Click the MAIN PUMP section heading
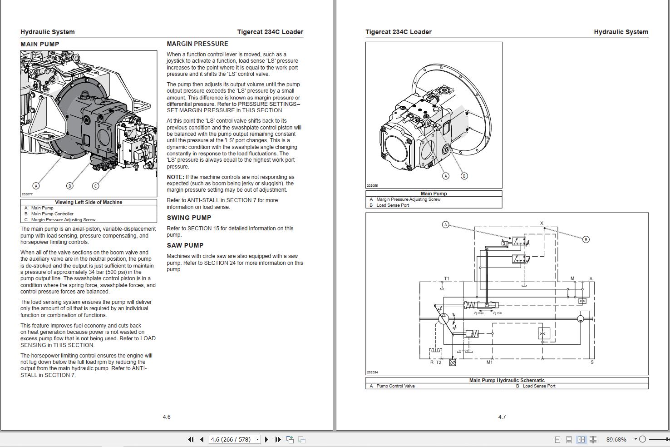click(x=39, y=44)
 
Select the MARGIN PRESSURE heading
click(x=197, y=44)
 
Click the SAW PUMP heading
click(x=185, y=245)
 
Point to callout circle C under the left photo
click(x=95, y=185)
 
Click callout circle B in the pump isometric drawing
click(x=464, y=176)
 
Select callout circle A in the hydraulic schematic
click(x=445, y=224)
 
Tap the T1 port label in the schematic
click(x=446, y=279)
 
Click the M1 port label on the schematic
click(x=489, y=362)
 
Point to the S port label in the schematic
click(x=592, y=362)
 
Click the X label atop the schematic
click(x=542, y=223)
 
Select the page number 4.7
click(x=502, y=417)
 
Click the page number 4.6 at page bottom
click(x=167, y=417)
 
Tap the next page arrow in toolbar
click(x=266, y=439)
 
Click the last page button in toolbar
click(x=278, y=439)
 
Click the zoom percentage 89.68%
click(x=616, y=439)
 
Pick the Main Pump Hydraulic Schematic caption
click(x=507, y=380)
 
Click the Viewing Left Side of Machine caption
click(x=89, y=202)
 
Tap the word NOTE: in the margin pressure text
click(x=175, y=177)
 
